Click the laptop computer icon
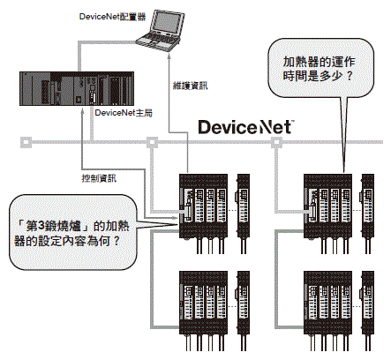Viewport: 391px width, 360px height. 161,30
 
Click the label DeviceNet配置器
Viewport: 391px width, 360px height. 112,17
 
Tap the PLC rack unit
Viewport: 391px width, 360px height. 77,88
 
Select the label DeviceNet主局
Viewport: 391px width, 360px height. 124,113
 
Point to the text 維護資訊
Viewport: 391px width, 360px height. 190,86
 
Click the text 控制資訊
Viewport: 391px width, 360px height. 99,178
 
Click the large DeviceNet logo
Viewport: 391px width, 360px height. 246,127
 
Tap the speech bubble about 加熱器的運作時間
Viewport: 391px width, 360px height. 320,68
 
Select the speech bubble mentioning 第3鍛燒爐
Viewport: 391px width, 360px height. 73,232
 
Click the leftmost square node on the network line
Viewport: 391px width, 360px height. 26,142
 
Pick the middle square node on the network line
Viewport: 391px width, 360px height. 152,142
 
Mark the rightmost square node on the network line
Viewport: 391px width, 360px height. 276,142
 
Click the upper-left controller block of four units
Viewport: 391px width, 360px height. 203,206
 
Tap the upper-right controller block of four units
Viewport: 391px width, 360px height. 327,206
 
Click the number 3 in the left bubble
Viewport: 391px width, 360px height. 41,226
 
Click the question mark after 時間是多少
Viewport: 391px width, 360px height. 350,76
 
